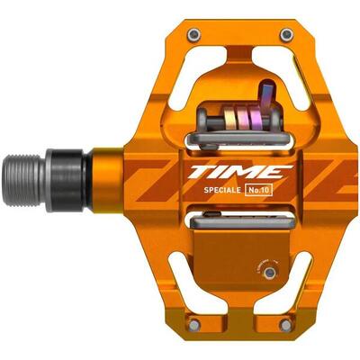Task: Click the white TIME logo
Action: [x=239, y=171]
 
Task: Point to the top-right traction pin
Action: [x=286, y=35]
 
